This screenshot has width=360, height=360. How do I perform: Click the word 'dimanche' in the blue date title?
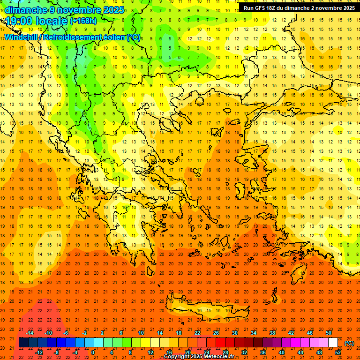24,10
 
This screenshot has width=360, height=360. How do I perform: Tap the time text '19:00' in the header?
18,21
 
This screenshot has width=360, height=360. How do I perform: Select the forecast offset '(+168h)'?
84,21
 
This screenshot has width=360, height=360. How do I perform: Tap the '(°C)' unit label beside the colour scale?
349,343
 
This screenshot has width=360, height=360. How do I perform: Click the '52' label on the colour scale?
338,352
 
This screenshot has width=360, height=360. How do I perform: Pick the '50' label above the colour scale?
329,333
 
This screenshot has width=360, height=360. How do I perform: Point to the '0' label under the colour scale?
93,352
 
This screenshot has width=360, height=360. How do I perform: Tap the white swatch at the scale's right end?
333,343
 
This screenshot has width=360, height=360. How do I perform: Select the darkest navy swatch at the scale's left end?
23,343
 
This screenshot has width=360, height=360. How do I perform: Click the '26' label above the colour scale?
216,333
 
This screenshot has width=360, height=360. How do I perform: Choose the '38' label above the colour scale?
272,333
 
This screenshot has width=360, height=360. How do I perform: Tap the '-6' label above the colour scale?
67,333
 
